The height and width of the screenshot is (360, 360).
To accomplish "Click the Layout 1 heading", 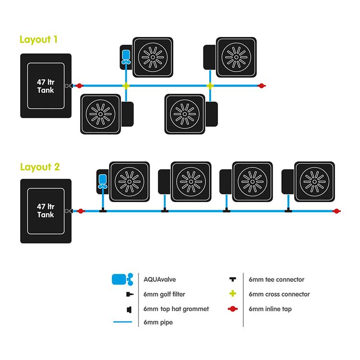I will coord(39,39).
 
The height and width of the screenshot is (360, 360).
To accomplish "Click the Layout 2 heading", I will coord(40,167).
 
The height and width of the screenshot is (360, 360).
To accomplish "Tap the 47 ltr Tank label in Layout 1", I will coord(46,86).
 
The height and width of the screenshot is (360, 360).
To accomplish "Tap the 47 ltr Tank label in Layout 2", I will coord(46,211).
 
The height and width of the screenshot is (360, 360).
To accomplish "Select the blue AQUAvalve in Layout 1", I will coord(126,56).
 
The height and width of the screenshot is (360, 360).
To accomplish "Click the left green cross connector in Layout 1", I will coord(126,86).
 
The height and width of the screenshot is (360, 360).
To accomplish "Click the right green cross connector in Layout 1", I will coord(210,86).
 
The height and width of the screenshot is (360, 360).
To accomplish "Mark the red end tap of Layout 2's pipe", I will coord(337,211).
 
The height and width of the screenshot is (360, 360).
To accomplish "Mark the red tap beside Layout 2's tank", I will coord(80,211).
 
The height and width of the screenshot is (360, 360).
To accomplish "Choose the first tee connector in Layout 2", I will coord(103,210).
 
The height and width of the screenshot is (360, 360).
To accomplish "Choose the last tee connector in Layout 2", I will coord(288,210).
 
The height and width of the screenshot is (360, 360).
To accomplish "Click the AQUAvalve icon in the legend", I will coord(121,279).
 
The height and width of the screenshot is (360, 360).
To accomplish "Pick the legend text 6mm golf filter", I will coord(164,294).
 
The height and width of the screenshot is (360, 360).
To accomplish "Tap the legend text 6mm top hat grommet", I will coord(176,309).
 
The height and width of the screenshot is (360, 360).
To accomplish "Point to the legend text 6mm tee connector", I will coord(276,279).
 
